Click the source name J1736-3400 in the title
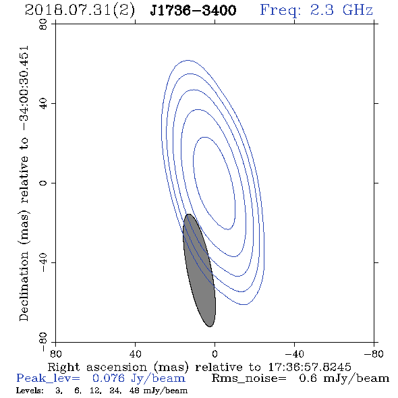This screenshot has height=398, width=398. click(x=193, y=10)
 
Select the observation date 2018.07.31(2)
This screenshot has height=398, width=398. click(x=80, y=11)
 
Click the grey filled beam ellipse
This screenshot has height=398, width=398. click(x=199, y=271)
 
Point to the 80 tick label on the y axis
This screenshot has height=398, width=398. click(x=43, y=24)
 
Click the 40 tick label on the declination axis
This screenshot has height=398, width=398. click(x=43, y=104)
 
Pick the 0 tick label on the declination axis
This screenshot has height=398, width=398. click(x=43, y=183)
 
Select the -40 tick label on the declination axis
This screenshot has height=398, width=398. click(x=43, y=262)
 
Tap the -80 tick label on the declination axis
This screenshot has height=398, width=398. click(x=43, y=342)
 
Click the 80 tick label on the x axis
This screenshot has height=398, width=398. click(x=55, y=354)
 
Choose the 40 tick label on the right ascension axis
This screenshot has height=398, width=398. click(x=135, y=354)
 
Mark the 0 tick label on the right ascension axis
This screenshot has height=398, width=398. click(x=215, y=354)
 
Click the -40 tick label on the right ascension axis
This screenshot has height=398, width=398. click(x=294, y=354)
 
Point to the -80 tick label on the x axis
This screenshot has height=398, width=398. click(x=374, y=354)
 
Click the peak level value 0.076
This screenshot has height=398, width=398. click(x=109, y=378)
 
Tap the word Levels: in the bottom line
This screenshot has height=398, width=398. click(x=30, y=391)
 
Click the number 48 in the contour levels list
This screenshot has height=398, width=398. click(x=134, y=391)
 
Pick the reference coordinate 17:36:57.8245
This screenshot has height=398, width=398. click(x=310, y=367)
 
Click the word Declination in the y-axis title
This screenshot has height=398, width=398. click(x=24, y=287)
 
